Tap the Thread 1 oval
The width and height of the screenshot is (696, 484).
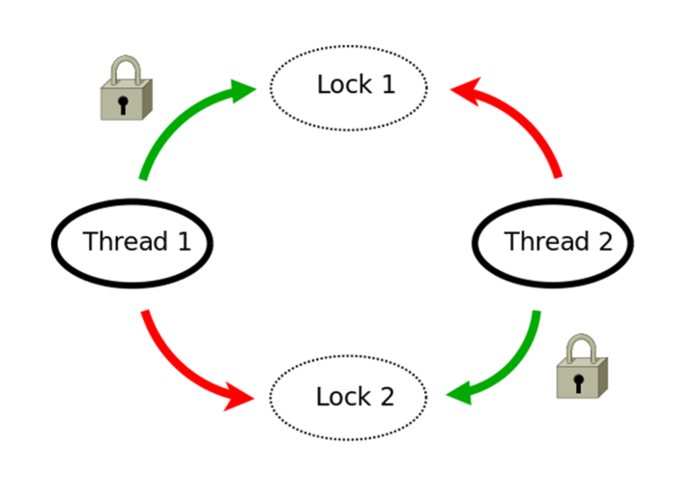(132, 242)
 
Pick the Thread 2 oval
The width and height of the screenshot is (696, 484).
(554, 242)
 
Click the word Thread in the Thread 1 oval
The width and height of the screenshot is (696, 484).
(124, 241)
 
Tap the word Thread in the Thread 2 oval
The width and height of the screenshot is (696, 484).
(545, 241)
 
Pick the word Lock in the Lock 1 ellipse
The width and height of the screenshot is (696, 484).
(342, 84)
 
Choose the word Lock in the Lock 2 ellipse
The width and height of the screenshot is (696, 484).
(342, 397)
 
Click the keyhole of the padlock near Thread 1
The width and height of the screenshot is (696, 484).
(124, 104)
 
